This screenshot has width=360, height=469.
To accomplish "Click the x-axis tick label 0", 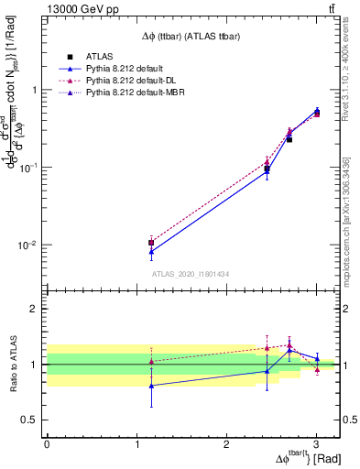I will tap(47, 445).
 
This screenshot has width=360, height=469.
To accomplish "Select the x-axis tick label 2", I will tap(225, 445).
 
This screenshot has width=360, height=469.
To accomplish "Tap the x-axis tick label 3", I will tap(315, 445).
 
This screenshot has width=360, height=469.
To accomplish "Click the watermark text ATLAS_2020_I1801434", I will tap(190, 274).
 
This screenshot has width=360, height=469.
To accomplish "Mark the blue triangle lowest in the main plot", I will tap(150, 251).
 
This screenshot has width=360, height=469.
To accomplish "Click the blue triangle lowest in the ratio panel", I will tap(150, 386).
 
